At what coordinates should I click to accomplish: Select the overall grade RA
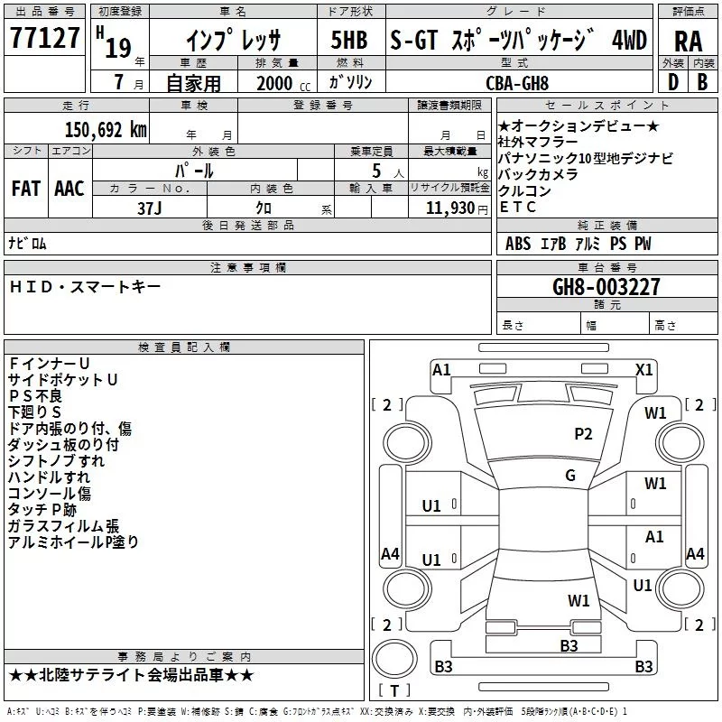click(x=688, y=41)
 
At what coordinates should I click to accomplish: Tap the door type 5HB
click(x=348, y=41)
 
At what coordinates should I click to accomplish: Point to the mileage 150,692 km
click(x=106, y=129)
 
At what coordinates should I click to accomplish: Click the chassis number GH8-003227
click(x=606, y=287)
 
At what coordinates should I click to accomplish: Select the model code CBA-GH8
click(x=517, y=82)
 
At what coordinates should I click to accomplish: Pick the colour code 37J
click(x=149, y=207)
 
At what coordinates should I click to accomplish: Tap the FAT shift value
click(x=26, y=189)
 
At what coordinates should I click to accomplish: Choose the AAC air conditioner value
click(x=69, y=189)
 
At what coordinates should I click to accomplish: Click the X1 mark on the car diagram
click(x=644, y=369)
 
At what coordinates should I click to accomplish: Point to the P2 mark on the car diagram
click(x=584, y=434)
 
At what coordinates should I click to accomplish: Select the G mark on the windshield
click(x=569, y=476)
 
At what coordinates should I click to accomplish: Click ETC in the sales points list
click(x=517, y=208)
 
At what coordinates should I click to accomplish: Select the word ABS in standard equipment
click(x=518, y=244)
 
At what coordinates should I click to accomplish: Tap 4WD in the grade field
click(x=629, y=41)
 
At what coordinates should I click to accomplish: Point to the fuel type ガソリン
click(x=353, y=82)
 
